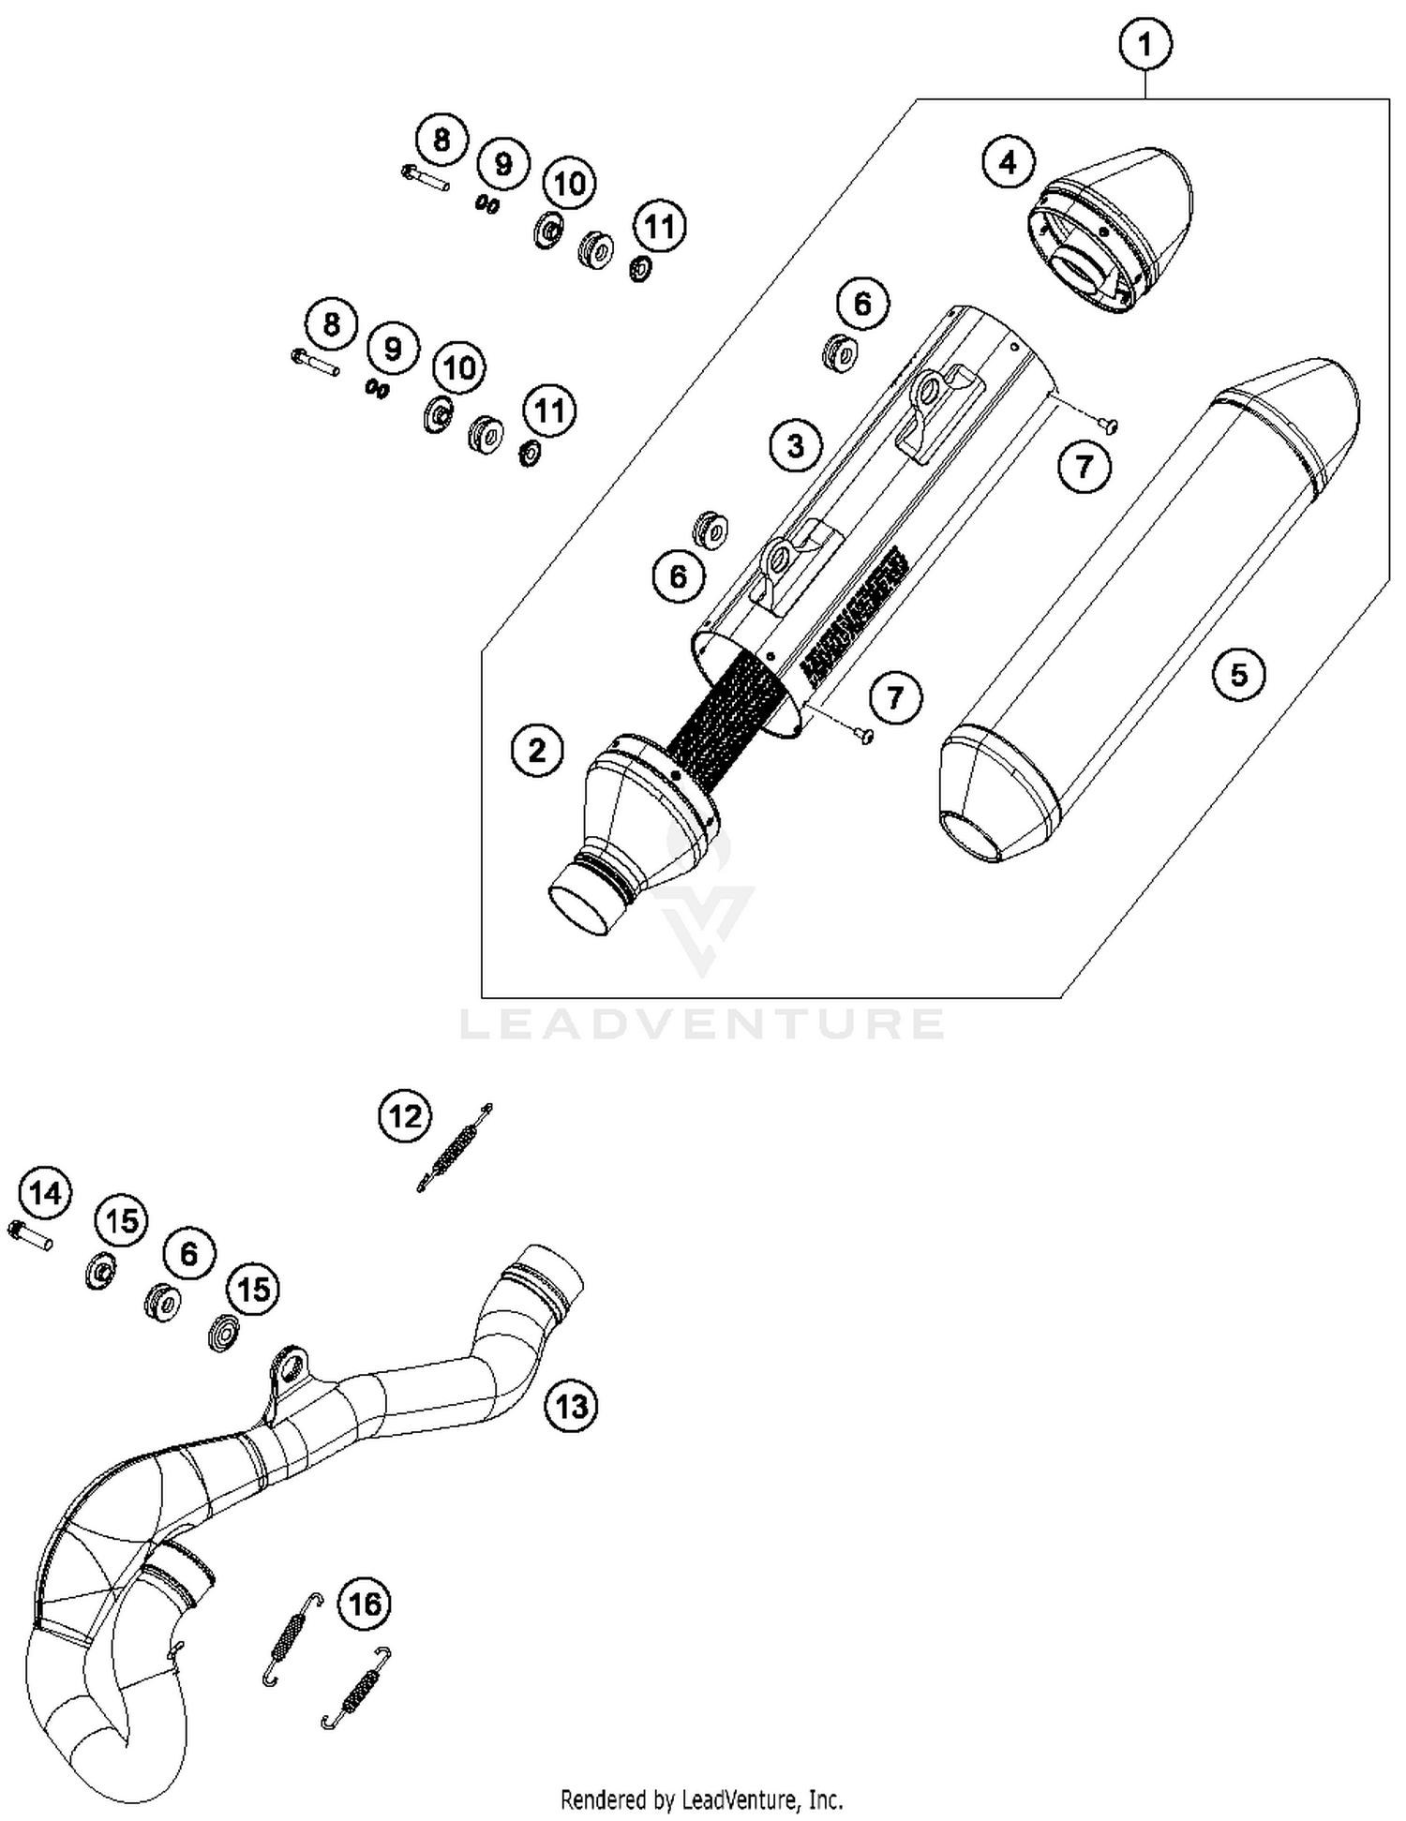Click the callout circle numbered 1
[x=1144, y=43]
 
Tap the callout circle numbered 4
[x=1008, y=163]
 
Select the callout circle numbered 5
[x=1238, y=674]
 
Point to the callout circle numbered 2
[x=537, y=750]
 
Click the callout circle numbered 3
[x=795, y=445]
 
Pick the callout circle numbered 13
[x=571, y=1406]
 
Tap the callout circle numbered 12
[x=405, y=1116]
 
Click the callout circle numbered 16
[x=365, y=1603]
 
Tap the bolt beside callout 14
[x=30, y=1235]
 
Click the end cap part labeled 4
[x=1115, y=230]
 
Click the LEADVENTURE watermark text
[x=703, y=1023]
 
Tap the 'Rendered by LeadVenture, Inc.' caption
[x=701, y=1799]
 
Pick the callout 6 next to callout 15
[x=189, y=1253]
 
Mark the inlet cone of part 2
[x=637, y=825]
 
